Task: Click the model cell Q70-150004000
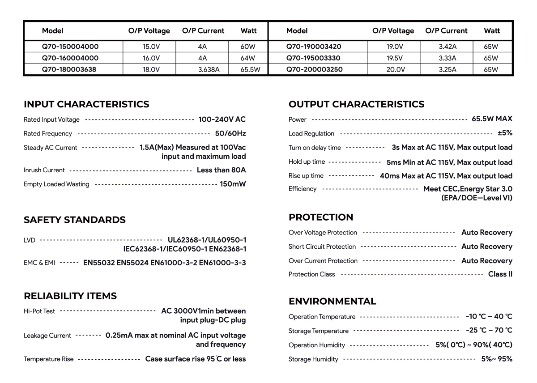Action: point(70,47)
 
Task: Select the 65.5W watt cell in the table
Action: point(250,70)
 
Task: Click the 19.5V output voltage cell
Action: point(395,58)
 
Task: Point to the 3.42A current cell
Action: point(447,47)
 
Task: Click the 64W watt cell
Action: point(247,58)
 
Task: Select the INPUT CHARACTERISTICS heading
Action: point(86,104)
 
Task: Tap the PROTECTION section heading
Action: point(321,217)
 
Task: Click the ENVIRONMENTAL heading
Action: point(332,301)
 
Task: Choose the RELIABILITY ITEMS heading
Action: point(70,296)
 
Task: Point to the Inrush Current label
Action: point(44,170)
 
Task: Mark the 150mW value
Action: point(233,184)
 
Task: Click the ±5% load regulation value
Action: point(505,133)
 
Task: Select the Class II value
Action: point(500,274)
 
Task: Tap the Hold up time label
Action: point(307,162)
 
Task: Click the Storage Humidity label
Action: point(313,359)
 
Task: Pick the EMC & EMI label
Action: point(39,263)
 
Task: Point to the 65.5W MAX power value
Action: point(492,119)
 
